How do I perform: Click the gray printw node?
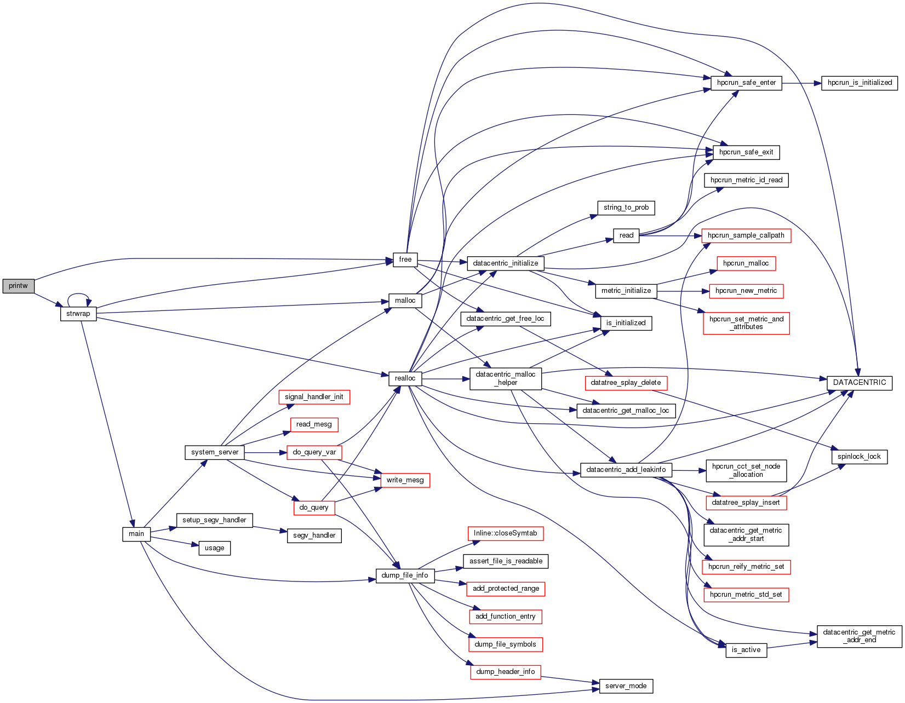[18, 286]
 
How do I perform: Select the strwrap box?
[78, 314]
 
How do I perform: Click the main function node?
[136, 534]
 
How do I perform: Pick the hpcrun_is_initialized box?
[860, 83]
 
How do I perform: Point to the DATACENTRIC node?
[859, 383]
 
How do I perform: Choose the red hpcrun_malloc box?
[746, 263]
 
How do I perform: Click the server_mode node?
[626, 686]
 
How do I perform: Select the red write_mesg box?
[405, 480]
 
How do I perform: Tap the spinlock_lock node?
[859, 457]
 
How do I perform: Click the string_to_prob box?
[626, 208]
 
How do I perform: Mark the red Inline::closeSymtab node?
[505, 533]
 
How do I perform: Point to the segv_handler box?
[314, 535]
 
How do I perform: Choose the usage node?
[214, 548]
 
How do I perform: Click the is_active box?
[746, 650]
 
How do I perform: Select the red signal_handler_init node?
[314, 397]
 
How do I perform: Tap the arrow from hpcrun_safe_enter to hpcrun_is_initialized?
[801, 83]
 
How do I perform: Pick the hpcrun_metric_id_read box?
[746, 180]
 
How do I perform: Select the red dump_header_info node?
[505, 672]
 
